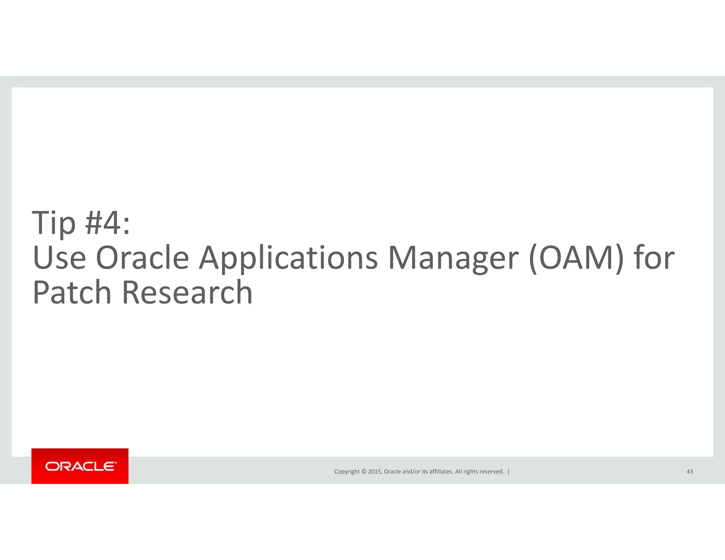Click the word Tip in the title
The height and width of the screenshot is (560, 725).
(x=54, y=223)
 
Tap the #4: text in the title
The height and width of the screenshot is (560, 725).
(x=108, y=223)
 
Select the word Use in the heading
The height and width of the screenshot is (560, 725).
(x=59, y=258)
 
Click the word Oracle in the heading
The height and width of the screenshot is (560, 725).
(x=142, y=258)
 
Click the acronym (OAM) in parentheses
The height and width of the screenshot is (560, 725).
(x=576, y=258)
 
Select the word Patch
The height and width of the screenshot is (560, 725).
(x=72, y=292)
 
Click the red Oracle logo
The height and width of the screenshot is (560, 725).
(x=80, y=466)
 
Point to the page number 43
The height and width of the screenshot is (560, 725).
(x=690, y=472)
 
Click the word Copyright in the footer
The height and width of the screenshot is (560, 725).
(x=347, y=472)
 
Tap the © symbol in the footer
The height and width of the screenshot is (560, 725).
(x=363, y=472)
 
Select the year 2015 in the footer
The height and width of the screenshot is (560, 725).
(x=375, y=472)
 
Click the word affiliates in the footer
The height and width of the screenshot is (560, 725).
(x=441, y=472)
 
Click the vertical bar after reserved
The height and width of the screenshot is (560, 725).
(x=509, y=472)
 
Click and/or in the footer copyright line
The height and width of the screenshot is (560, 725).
(x=411, y=472)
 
